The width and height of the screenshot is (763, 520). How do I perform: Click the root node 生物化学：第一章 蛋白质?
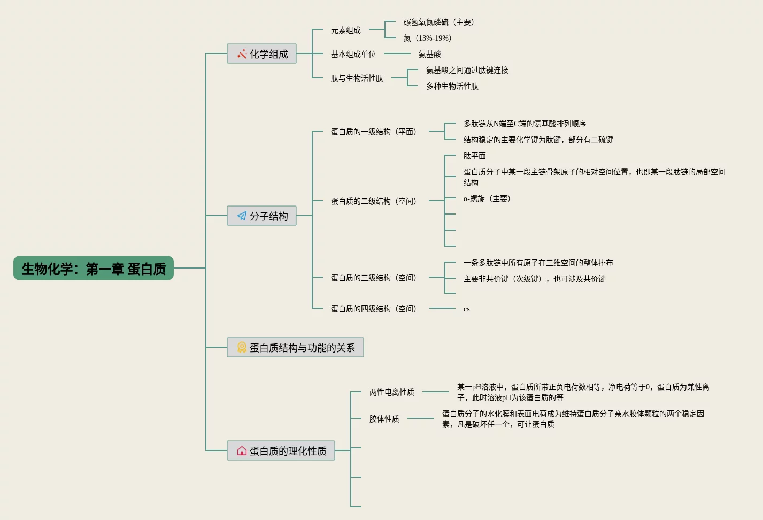pyautogui.click(x=94, y=268)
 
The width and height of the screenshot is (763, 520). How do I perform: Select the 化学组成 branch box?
pyautogui.click(x=261, y=53)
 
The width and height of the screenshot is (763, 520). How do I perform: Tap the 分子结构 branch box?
pyautogui.click(x=261, y=216)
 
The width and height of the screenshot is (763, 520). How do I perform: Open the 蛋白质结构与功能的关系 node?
pyautogui.click(x=295, y=347)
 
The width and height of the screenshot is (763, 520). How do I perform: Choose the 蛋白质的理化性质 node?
pyautogui.click(x=281, y=450)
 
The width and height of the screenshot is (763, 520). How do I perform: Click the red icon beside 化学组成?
pyautogui.click(x=242, y=53)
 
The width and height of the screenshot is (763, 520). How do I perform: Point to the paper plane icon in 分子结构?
pyautogui.click(x=242, y=216)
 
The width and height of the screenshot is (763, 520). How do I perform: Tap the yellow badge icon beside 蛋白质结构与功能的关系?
pyautogui.click(x=242, y=347)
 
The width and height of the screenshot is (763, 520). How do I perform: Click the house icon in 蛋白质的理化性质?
pyautogui.click(x=242, y=451)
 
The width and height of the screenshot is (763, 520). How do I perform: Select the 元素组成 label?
pyautogui.click(x=345, y=30)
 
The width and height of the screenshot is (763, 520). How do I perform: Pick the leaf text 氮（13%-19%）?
pyautogui.click(x=428, y=38)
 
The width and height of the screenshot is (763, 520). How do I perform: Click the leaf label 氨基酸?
pyautogui.click(x=429, y=54)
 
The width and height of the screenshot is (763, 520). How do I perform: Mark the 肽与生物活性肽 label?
pyautogui.click(x=357, y=78)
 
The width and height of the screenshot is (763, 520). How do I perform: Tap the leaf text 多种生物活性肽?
pyautogui.click(x=452, y=86)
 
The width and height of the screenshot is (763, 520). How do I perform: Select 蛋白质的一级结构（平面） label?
pyautogui.click(x=373, y=132)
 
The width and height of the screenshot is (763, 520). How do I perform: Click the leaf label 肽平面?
pyautogui.click(x=474, y=156)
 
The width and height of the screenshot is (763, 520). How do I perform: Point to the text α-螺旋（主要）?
pyautogui.click(x=487, y=198)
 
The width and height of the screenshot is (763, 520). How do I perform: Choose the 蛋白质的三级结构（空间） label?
pyautogui.click(x=373, y=278)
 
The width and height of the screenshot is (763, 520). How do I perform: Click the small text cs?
pyautogui.click(x=466, y=309)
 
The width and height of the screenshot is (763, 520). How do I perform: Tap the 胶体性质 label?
pyautogui.click(x=384, y=419)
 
